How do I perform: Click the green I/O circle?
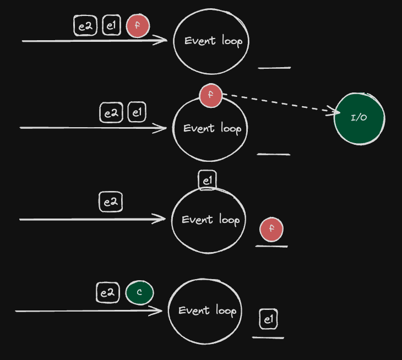click(x=359, y=119)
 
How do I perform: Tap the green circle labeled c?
click(x=139, y=292)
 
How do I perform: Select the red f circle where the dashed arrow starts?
click(x=210, y=95)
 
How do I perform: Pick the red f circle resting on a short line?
click(x=271, y=229)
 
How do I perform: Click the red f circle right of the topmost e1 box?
click(x=138, y=26)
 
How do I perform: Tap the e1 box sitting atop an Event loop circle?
click(x=208, y=181)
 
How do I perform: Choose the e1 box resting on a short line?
click(x=268, y=319)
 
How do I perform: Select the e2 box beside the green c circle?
click(x=108, y=293)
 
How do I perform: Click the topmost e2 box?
click(x=85, y=26)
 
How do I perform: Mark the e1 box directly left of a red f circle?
click(x=112, y=25)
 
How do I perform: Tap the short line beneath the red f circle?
click(x=271, y=246)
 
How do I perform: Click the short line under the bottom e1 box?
click(x=268, y=338)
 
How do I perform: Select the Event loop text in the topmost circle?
click(x=213, y=41)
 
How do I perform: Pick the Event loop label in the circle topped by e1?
click(x=211, y=220)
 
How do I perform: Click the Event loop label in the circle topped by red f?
click(x=212, y=128)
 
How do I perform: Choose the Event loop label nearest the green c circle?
click(x=208, y=310)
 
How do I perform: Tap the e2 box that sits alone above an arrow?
click(x=111, y=202)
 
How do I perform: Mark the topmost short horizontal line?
click(x=274, y=68)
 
